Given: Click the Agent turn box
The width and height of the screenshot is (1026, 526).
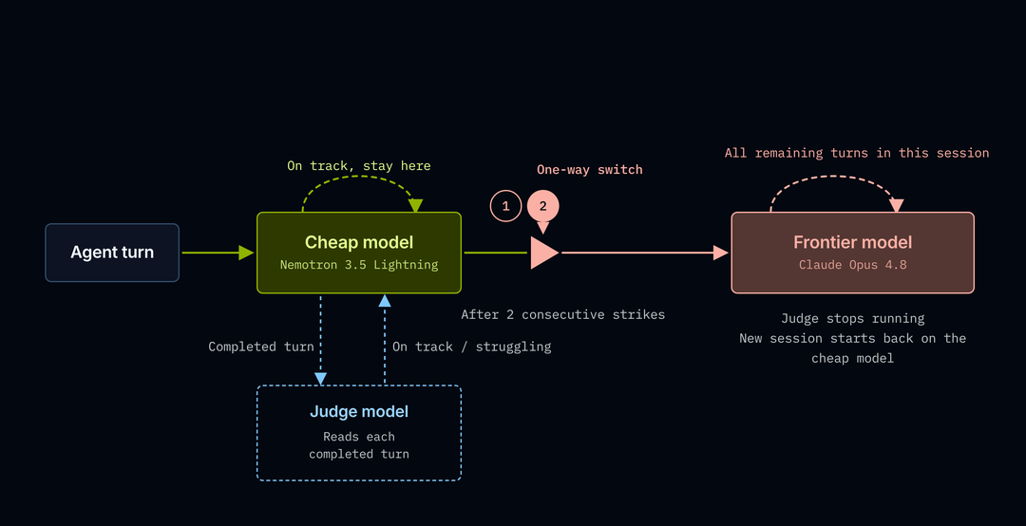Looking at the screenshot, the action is (112, 253).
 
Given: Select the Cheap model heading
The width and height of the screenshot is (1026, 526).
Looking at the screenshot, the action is (359, 242).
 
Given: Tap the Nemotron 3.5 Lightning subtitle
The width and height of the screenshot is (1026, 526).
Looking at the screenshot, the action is (359, 265).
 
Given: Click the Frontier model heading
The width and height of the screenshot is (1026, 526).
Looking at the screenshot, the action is (852, 242).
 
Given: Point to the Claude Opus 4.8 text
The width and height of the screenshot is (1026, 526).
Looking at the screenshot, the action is (852, 265).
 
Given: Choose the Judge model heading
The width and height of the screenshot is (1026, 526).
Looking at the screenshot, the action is (359, 411).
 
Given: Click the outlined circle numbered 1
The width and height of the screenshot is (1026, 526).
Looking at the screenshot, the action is (505, 206).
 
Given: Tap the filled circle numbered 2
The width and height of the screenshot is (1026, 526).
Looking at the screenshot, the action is (543, 206).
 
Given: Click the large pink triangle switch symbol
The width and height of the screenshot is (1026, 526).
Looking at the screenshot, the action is (544, 253).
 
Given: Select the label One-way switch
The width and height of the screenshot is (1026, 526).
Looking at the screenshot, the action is (590, 169).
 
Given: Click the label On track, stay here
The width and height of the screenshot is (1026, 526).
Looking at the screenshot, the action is (359, 165).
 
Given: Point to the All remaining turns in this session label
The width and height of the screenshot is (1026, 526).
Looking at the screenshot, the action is (857, 153).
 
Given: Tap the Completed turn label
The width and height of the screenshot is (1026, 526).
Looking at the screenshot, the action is (261, 347).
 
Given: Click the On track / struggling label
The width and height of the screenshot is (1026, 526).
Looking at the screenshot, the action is (472, 347).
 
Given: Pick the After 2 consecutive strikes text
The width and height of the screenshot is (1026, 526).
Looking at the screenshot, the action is (562, 314).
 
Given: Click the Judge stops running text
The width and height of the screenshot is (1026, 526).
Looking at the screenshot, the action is (852, 319).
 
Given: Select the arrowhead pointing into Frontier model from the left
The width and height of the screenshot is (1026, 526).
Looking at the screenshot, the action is (721, 253).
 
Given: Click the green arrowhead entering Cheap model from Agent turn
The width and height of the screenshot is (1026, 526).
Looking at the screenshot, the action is (246, 253).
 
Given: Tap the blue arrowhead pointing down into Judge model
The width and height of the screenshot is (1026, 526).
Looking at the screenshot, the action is (321, 378).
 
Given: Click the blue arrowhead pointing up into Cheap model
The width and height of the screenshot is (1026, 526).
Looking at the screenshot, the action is (385, 300).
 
